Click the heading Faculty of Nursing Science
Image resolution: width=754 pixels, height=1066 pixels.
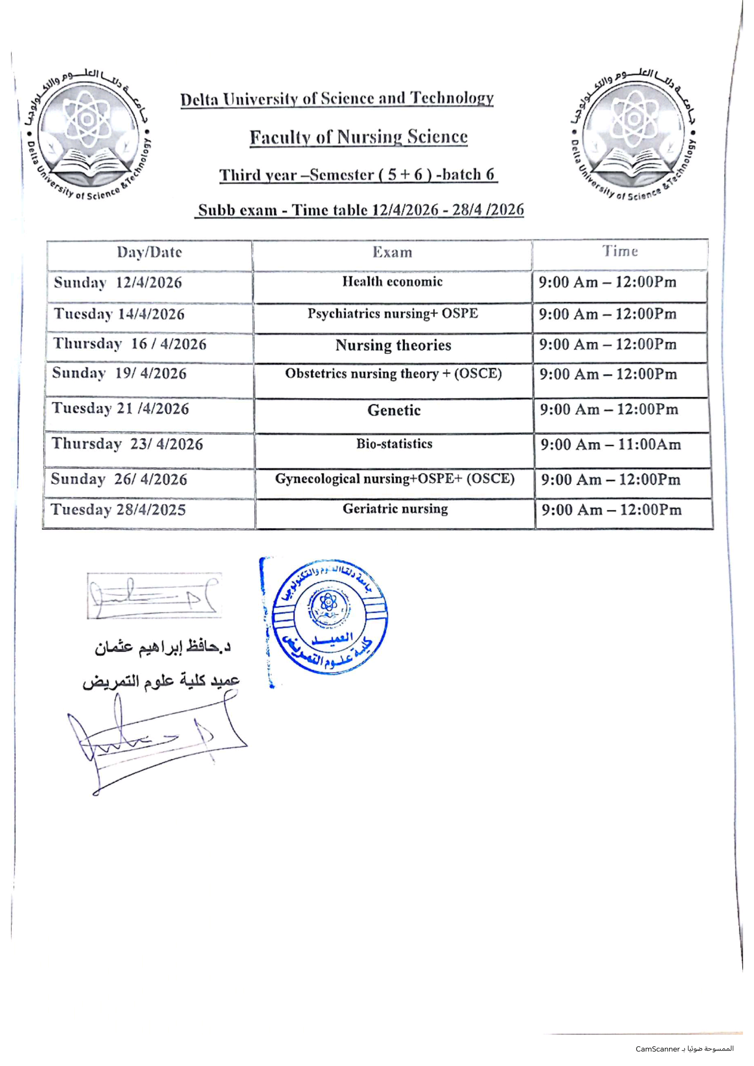358,138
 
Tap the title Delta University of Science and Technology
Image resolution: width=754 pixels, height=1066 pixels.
337,99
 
